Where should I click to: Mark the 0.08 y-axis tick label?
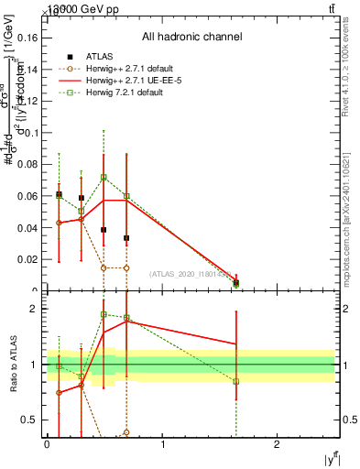point(29,165)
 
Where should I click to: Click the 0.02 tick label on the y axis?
point(29,260)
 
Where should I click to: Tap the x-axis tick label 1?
point(162,444)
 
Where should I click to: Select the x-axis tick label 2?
point(278,444)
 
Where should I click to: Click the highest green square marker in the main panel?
point(104,177)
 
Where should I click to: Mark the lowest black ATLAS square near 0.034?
point(126,238)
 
